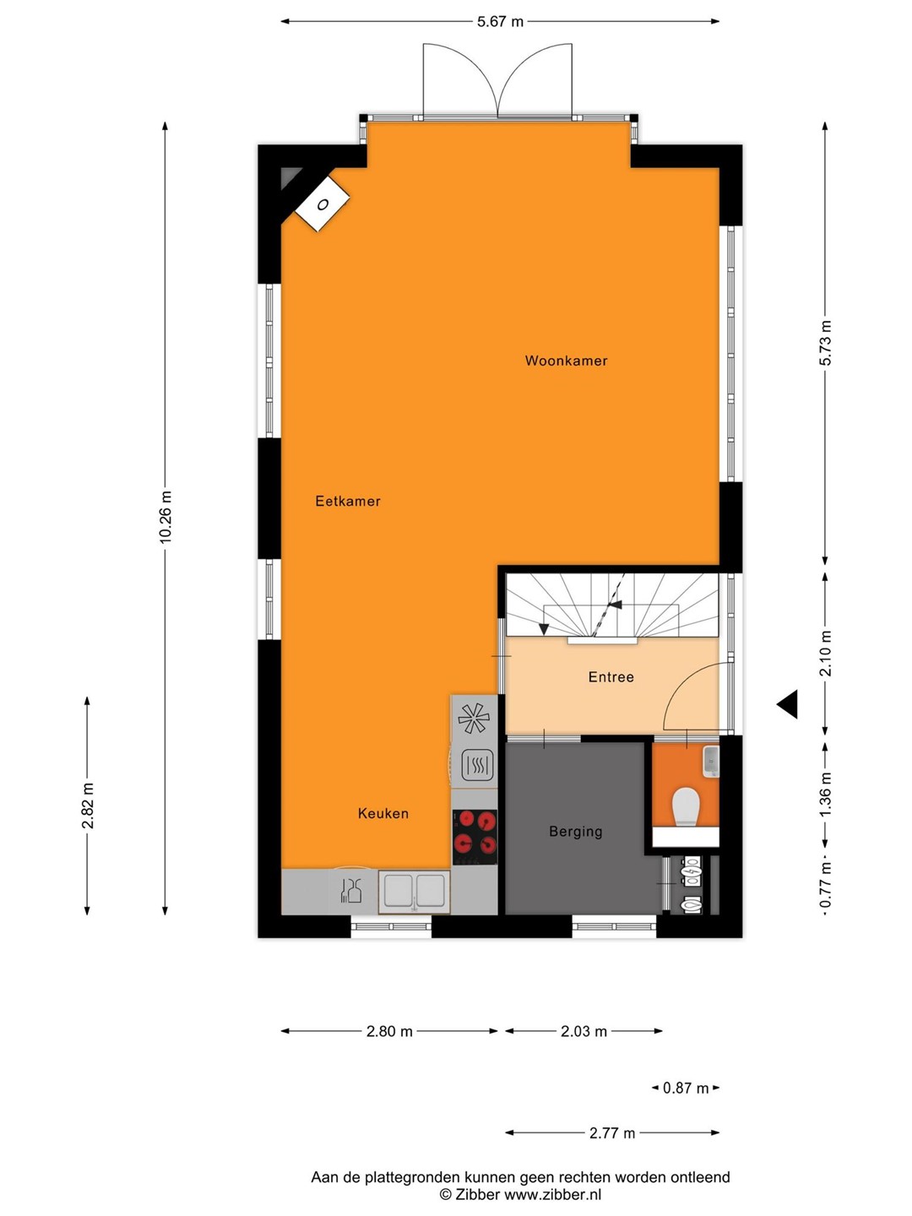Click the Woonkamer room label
566,361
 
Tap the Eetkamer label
348,502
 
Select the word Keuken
383,813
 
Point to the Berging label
575,832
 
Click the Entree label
611,677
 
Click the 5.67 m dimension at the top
500,22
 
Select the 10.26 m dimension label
166,517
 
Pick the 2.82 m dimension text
88,806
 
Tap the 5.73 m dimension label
825,343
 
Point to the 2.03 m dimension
584,1032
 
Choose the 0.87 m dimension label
686,1088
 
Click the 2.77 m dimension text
612,1133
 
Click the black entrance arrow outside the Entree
787,704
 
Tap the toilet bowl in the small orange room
686,806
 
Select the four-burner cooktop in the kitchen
475,837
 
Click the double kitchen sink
414,891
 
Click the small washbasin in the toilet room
710,762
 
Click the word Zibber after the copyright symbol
477,1195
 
